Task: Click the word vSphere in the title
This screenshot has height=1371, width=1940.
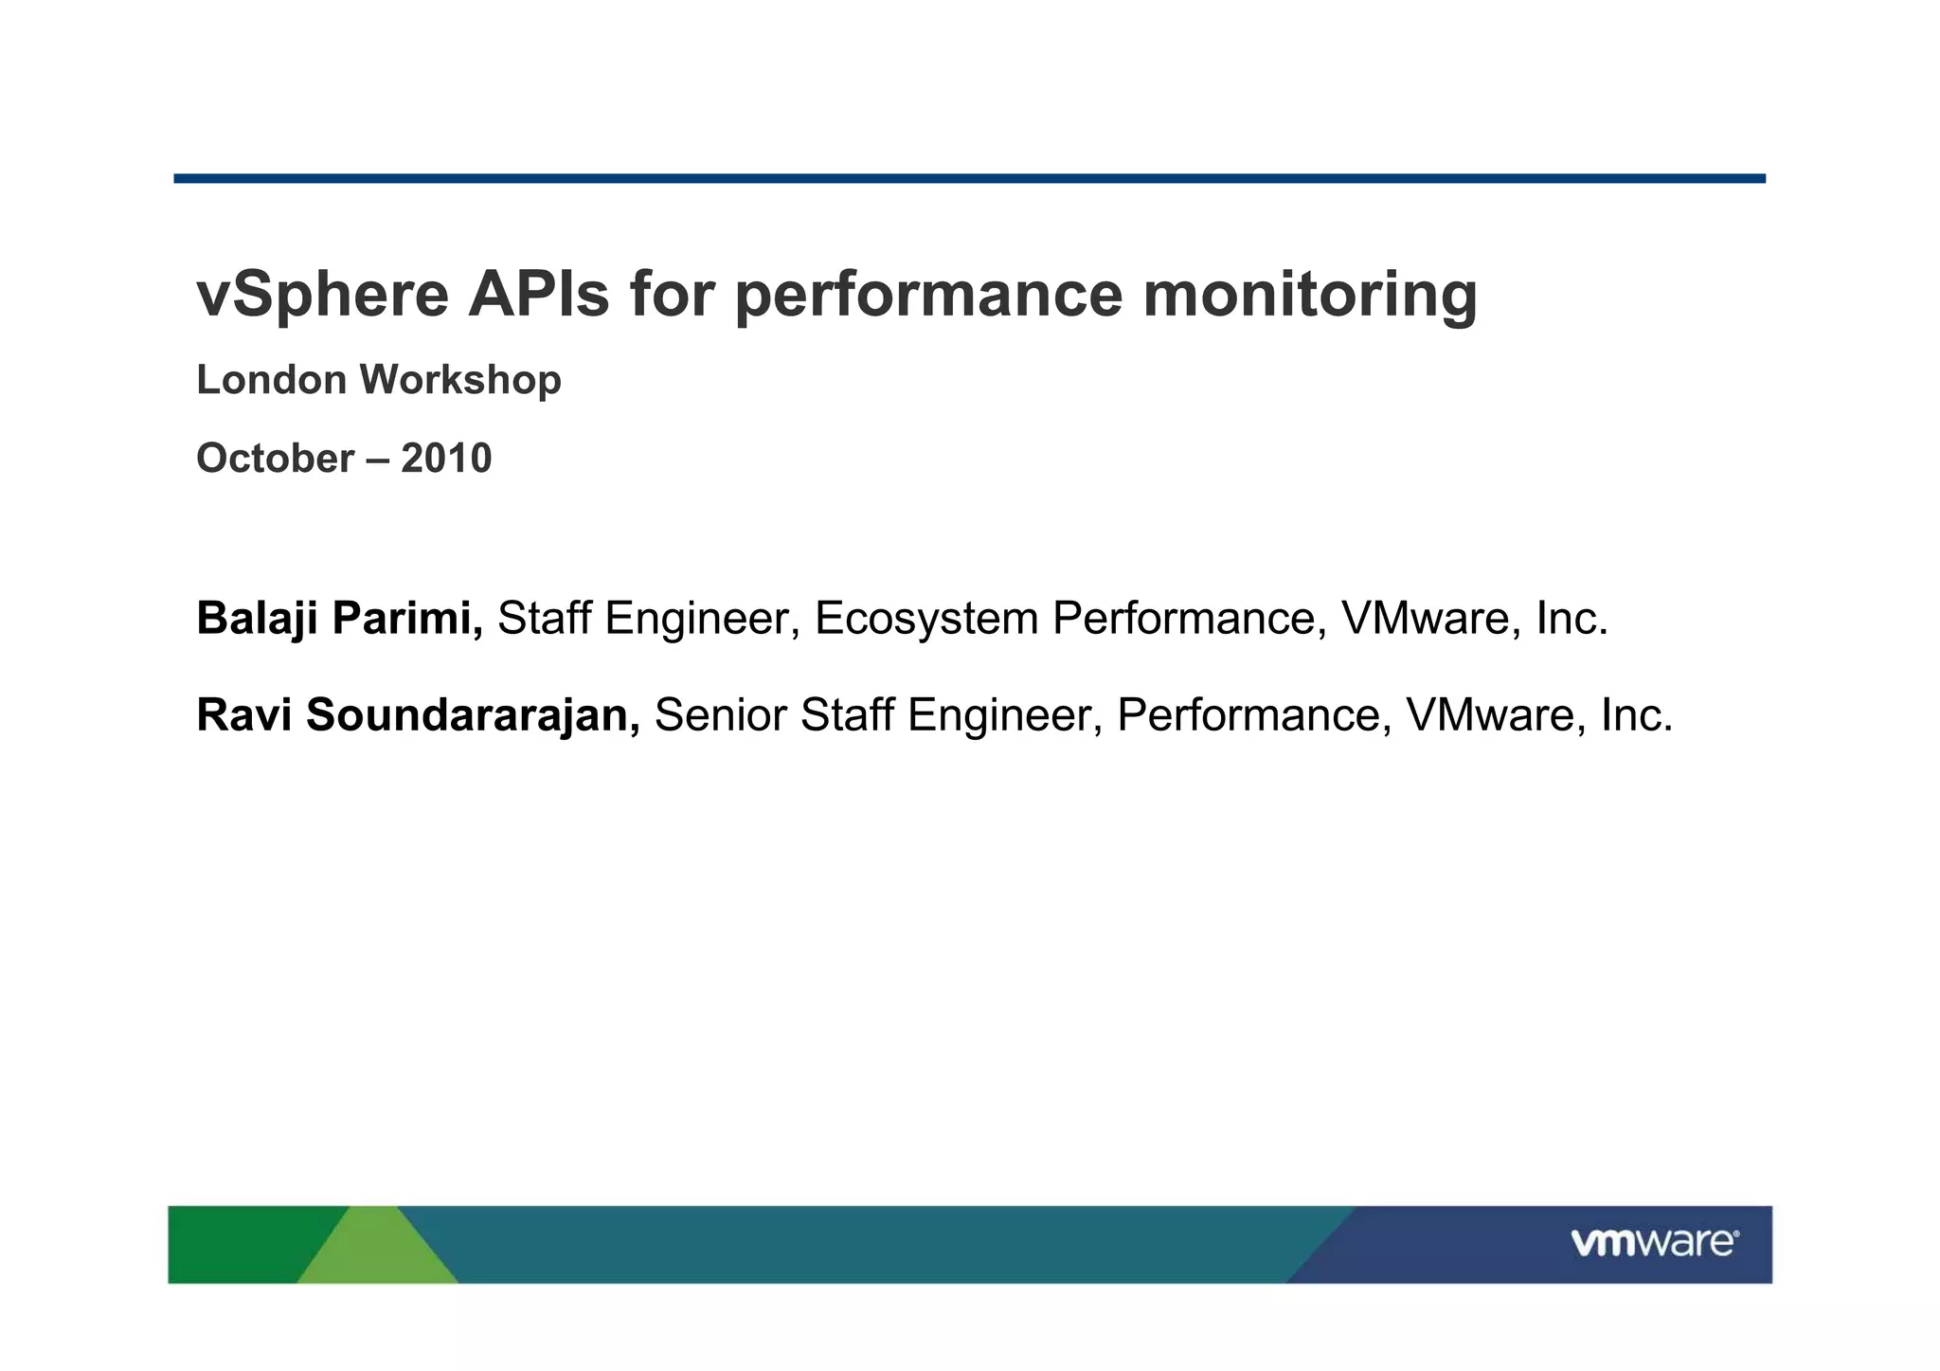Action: [x=322, y=295]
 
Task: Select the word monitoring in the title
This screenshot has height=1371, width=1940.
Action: [x=1309, y=295]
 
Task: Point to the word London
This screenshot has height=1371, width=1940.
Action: [x=271, y=380]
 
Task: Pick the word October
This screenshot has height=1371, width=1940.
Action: [x=275, y=459]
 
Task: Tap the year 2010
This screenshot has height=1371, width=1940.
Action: [x=446, y=459]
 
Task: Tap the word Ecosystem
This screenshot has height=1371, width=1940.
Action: [x=926, y=619]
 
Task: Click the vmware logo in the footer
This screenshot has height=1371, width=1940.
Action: [x=1654, y=1242]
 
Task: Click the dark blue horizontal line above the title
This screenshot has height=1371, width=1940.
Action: [x=969, y=178]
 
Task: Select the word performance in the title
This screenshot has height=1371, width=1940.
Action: [x=928, y=295]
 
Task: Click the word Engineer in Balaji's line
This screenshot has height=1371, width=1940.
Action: [x=696, y=619]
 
